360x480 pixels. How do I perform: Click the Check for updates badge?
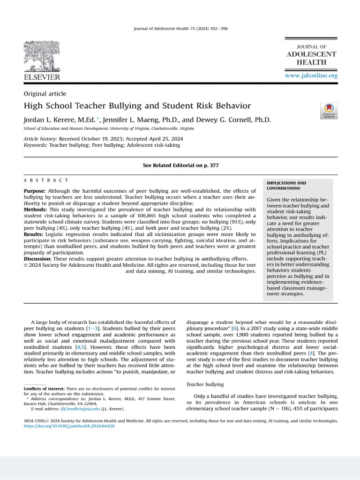(329, 111)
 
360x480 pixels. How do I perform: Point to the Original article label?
(45, 94)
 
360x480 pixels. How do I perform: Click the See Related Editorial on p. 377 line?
(180, 165)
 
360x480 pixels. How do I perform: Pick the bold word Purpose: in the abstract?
(35, 191)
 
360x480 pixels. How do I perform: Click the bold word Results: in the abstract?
(34, 234)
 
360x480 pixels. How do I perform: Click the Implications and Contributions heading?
(286, 186)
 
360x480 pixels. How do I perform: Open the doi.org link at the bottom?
(69, 426)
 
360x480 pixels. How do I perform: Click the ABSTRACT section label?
(46, 180)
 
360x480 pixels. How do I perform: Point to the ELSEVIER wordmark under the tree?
(42, 76)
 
